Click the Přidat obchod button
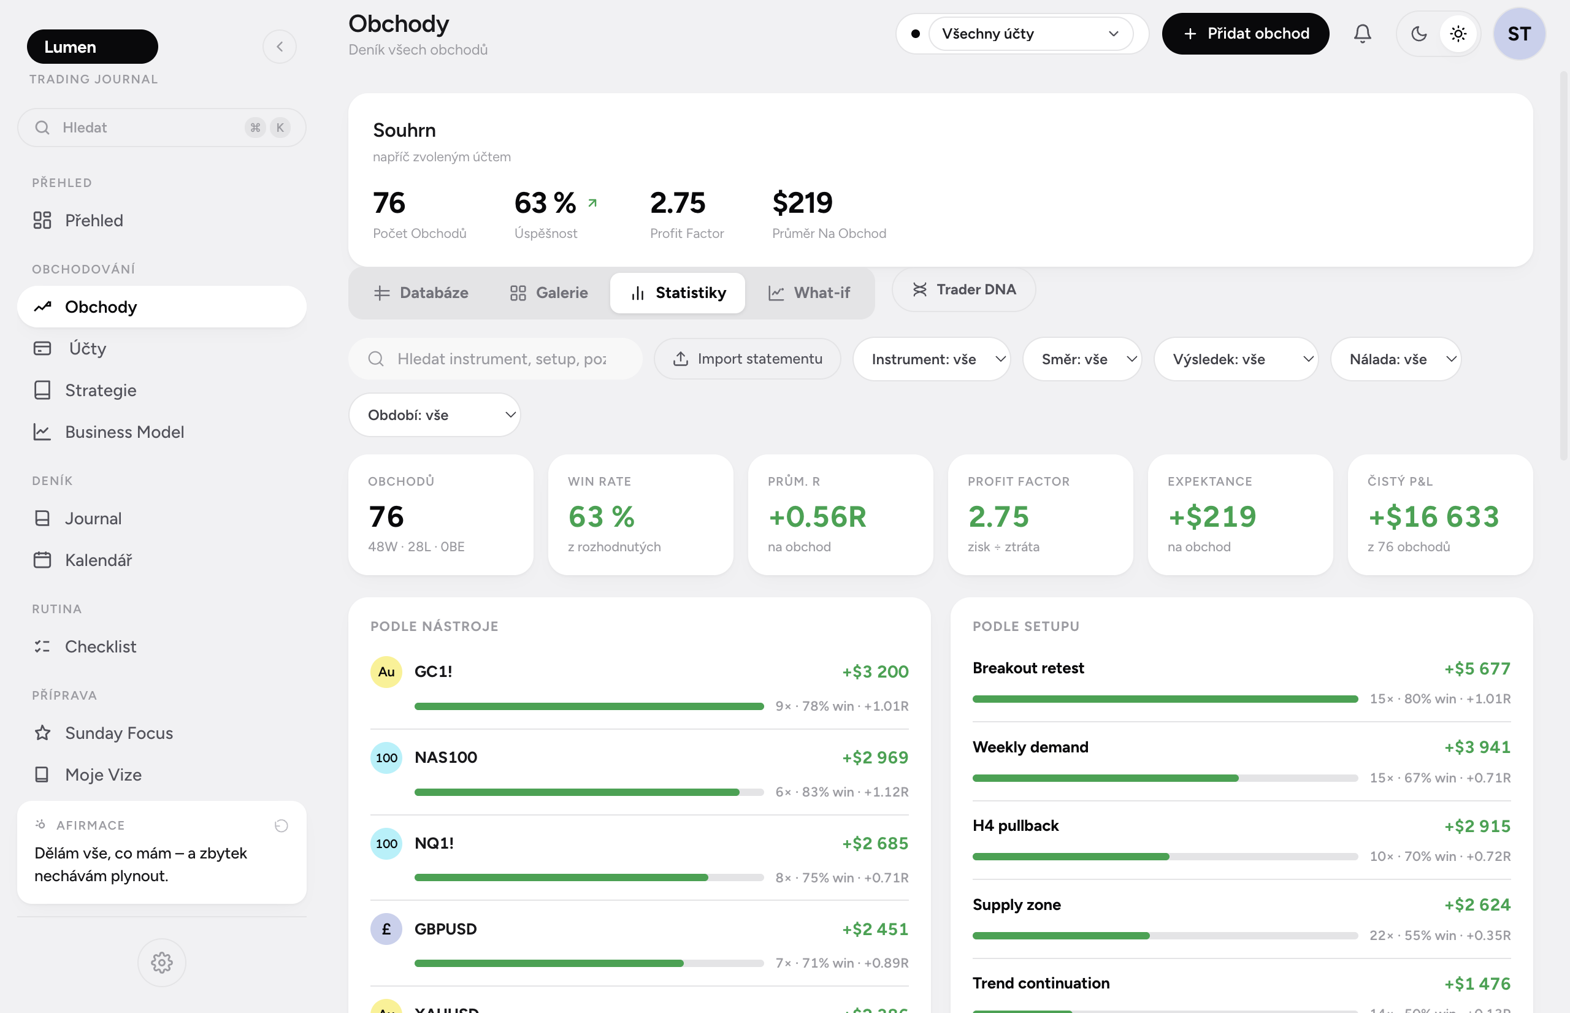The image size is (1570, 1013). click(1245, 34)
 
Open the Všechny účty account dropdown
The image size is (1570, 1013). click(1030, 34)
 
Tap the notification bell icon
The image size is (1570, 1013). click(1362, 34)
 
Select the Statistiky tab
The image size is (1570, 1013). click(678, 292)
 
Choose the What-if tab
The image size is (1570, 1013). click(809, 292)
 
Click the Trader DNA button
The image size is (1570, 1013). click(963, 289)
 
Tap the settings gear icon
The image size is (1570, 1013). click(162, 962)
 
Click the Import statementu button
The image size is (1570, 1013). click(747, 359)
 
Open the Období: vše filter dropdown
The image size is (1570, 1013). click(434, 415)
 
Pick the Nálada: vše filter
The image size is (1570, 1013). click(1396, 359)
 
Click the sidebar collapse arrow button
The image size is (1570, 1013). click(280, 47)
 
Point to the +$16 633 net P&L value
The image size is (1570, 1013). click(1433, 516)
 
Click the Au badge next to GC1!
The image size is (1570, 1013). click(386, 671)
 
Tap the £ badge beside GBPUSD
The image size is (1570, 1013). click(386, 929)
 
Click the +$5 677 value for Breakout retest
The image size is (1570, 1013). click(1477, 668)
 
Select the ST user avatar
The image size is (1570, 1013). click(1518, 34)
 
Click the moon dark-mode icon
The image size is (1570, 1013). click(1419, 34)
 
